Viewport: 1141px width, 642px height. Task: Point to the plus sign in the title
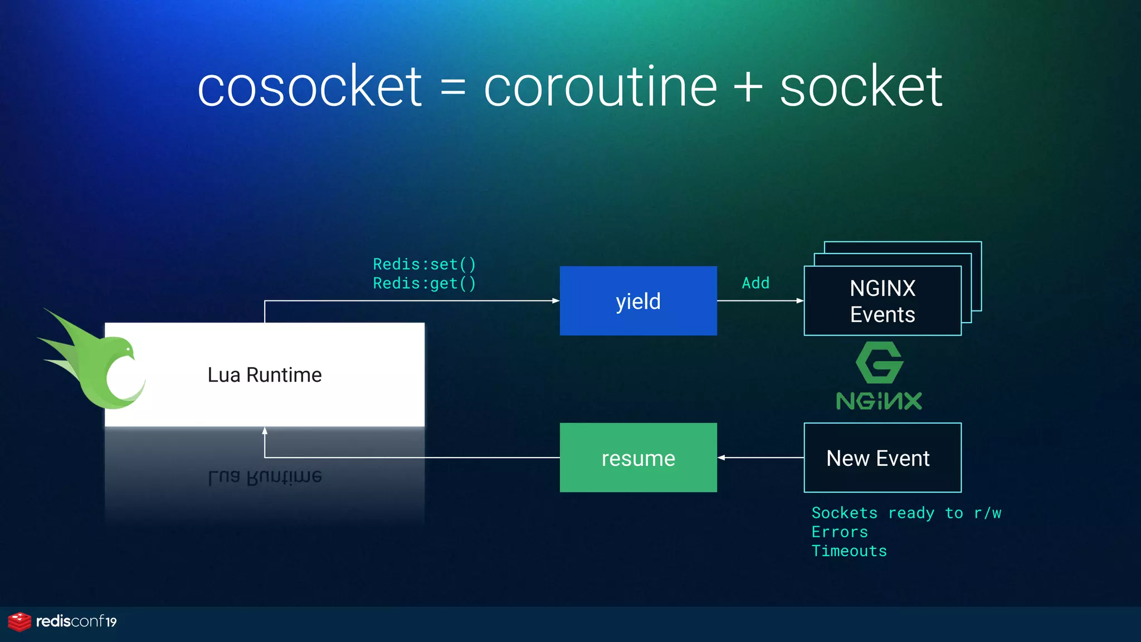coord(748,87)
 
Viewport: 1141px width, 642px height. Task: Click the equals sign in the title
coord(452,88)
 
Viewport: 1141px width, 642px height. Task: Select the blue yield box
coord(638,301)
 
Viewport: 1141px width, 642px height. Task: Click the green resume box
coord(638,458)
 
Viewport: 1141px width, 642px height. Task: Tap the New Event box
coord(882,458)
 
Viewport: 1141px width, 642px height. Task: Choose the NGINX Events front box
coord(882,301)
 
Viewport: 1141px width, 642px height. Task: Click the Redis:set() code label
coord(424,264)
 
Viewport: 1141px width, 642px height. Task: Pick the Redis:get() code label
coord(424,284)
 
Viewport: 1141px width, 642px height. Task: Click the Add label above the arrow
coord(755,283)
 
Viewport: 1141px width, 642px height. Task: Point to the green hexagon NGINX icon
coord(879,363)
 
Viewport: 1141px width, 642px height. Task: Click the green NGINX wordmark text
coord(879,401)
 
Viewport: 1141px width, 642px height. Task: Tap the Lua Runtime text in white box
coord(265,375)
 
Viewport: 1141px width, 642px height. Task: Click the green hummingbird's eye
coord(129,349)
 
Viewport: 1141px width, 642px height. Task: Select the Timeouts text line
coord(849,551)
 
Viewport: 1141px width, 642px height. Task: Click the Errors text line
coord(839,532)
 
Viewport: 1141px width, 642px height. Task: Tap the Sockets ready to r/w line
coord(906,513)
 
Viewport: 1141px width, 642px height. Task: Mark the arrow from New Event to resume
coord(760,458)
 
